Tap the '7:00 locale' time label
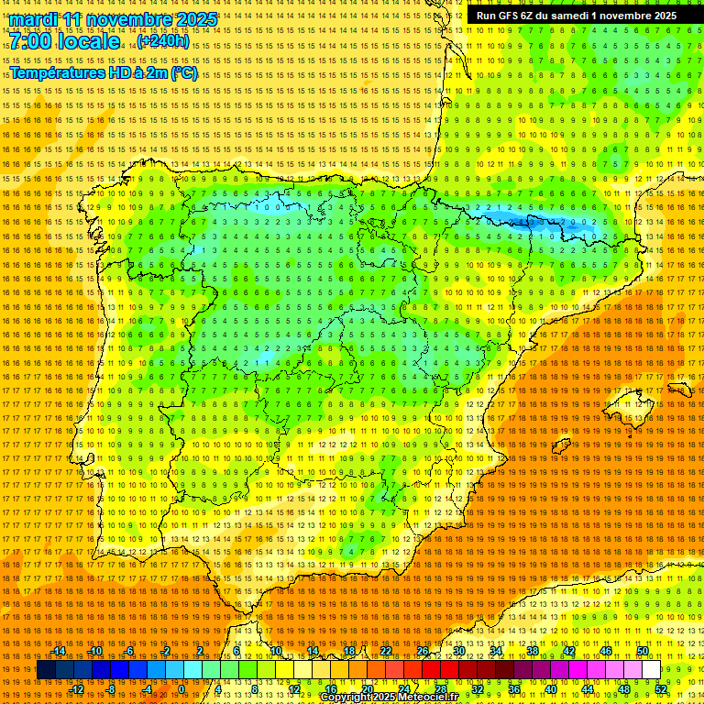(65, 41)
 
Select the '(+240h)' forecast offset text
(163, 41)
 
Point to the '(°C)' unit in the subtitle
(183, 73)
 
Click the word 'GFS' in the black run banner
(514, 16)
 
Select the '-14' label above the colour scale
(59, 651)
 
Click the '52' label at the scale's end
(661, 689)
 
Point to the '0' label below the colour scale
(181, 689)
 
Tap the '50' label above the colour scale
(643, 651)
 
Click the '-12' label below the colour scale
(77, 689)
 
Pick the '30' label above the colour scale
(458, 651)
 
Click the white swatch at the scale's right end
(651, 670)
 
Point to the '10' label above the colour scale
(276, 651)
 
